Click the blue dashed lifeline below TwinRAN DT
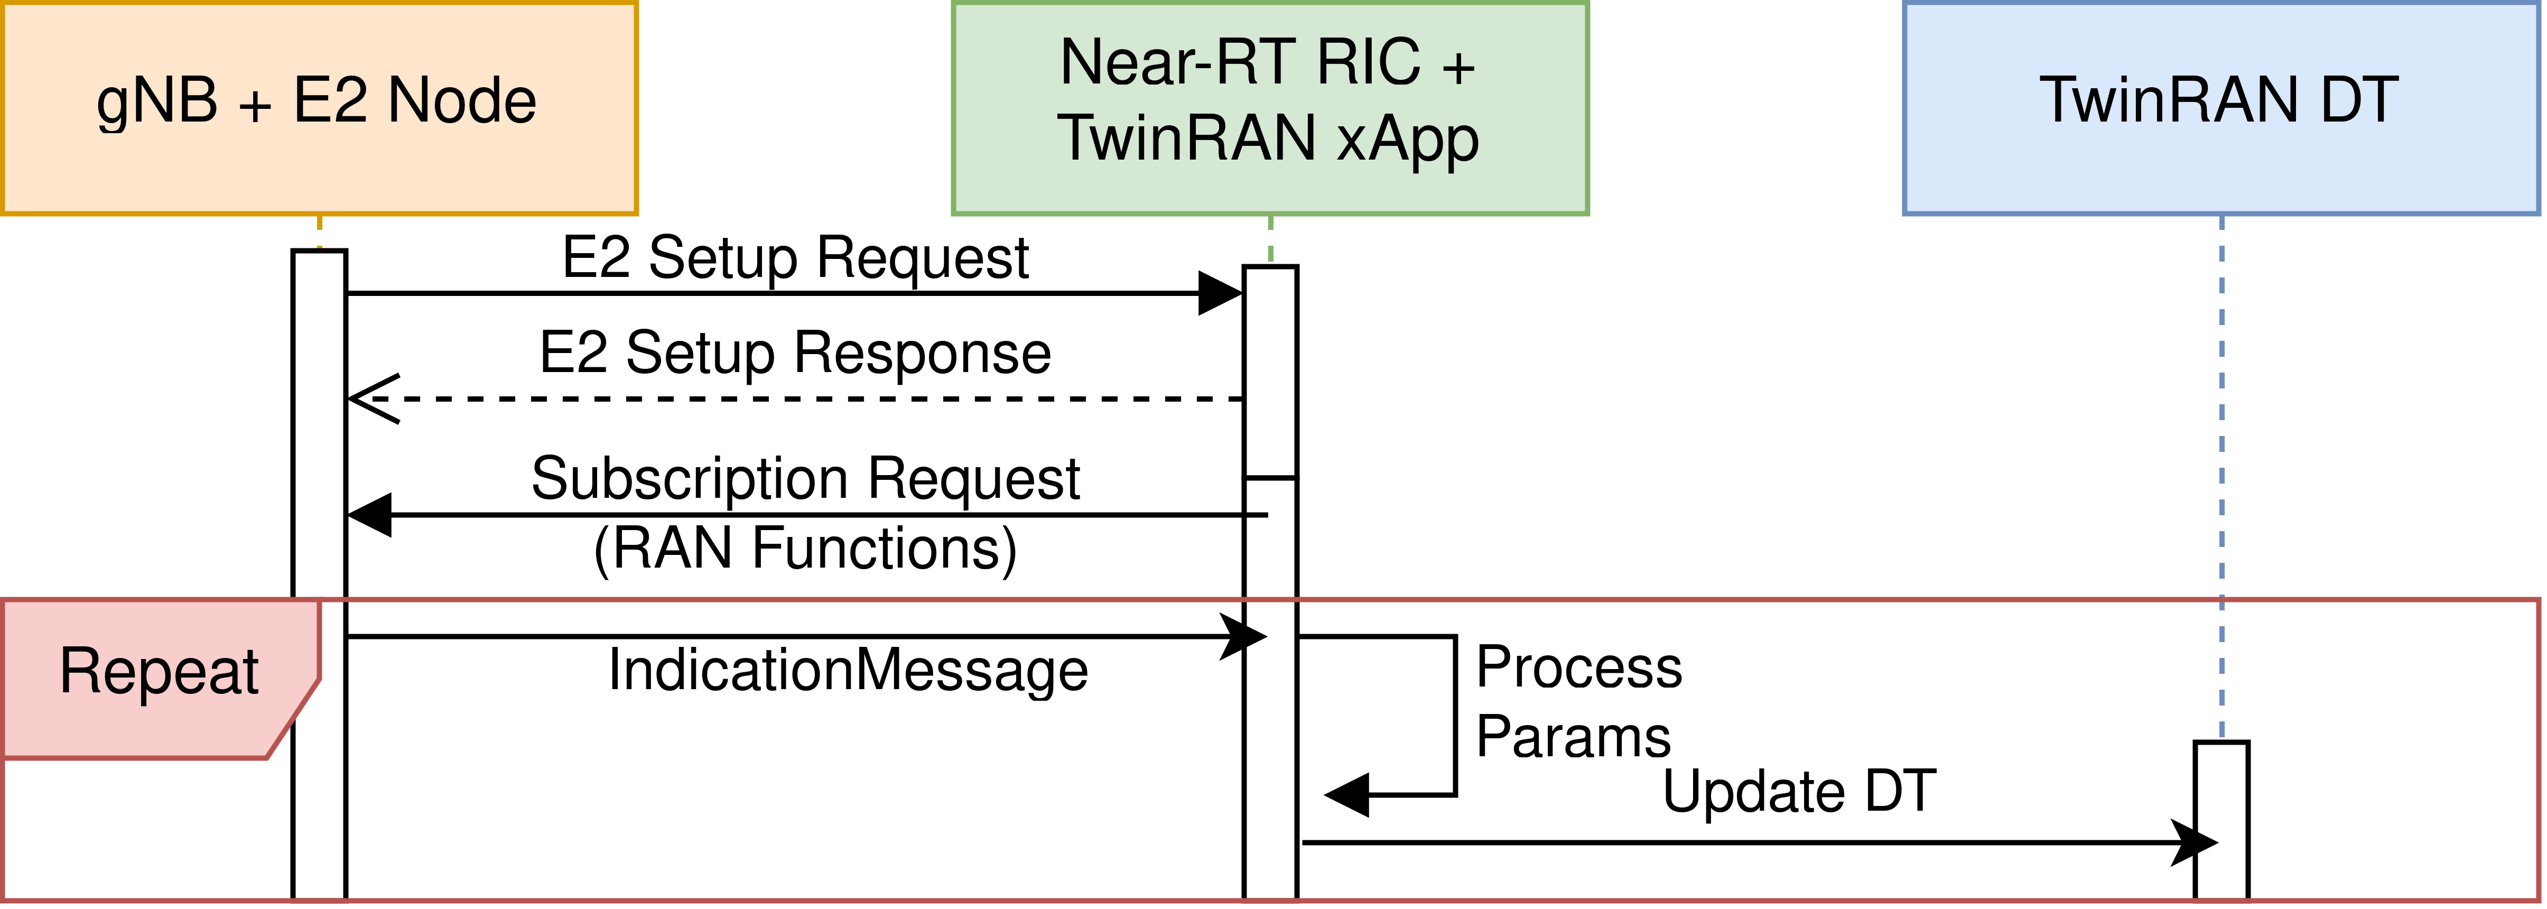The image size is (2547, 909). (2221, 445)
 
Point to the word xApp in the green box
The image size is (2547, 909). (1407, 138)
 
